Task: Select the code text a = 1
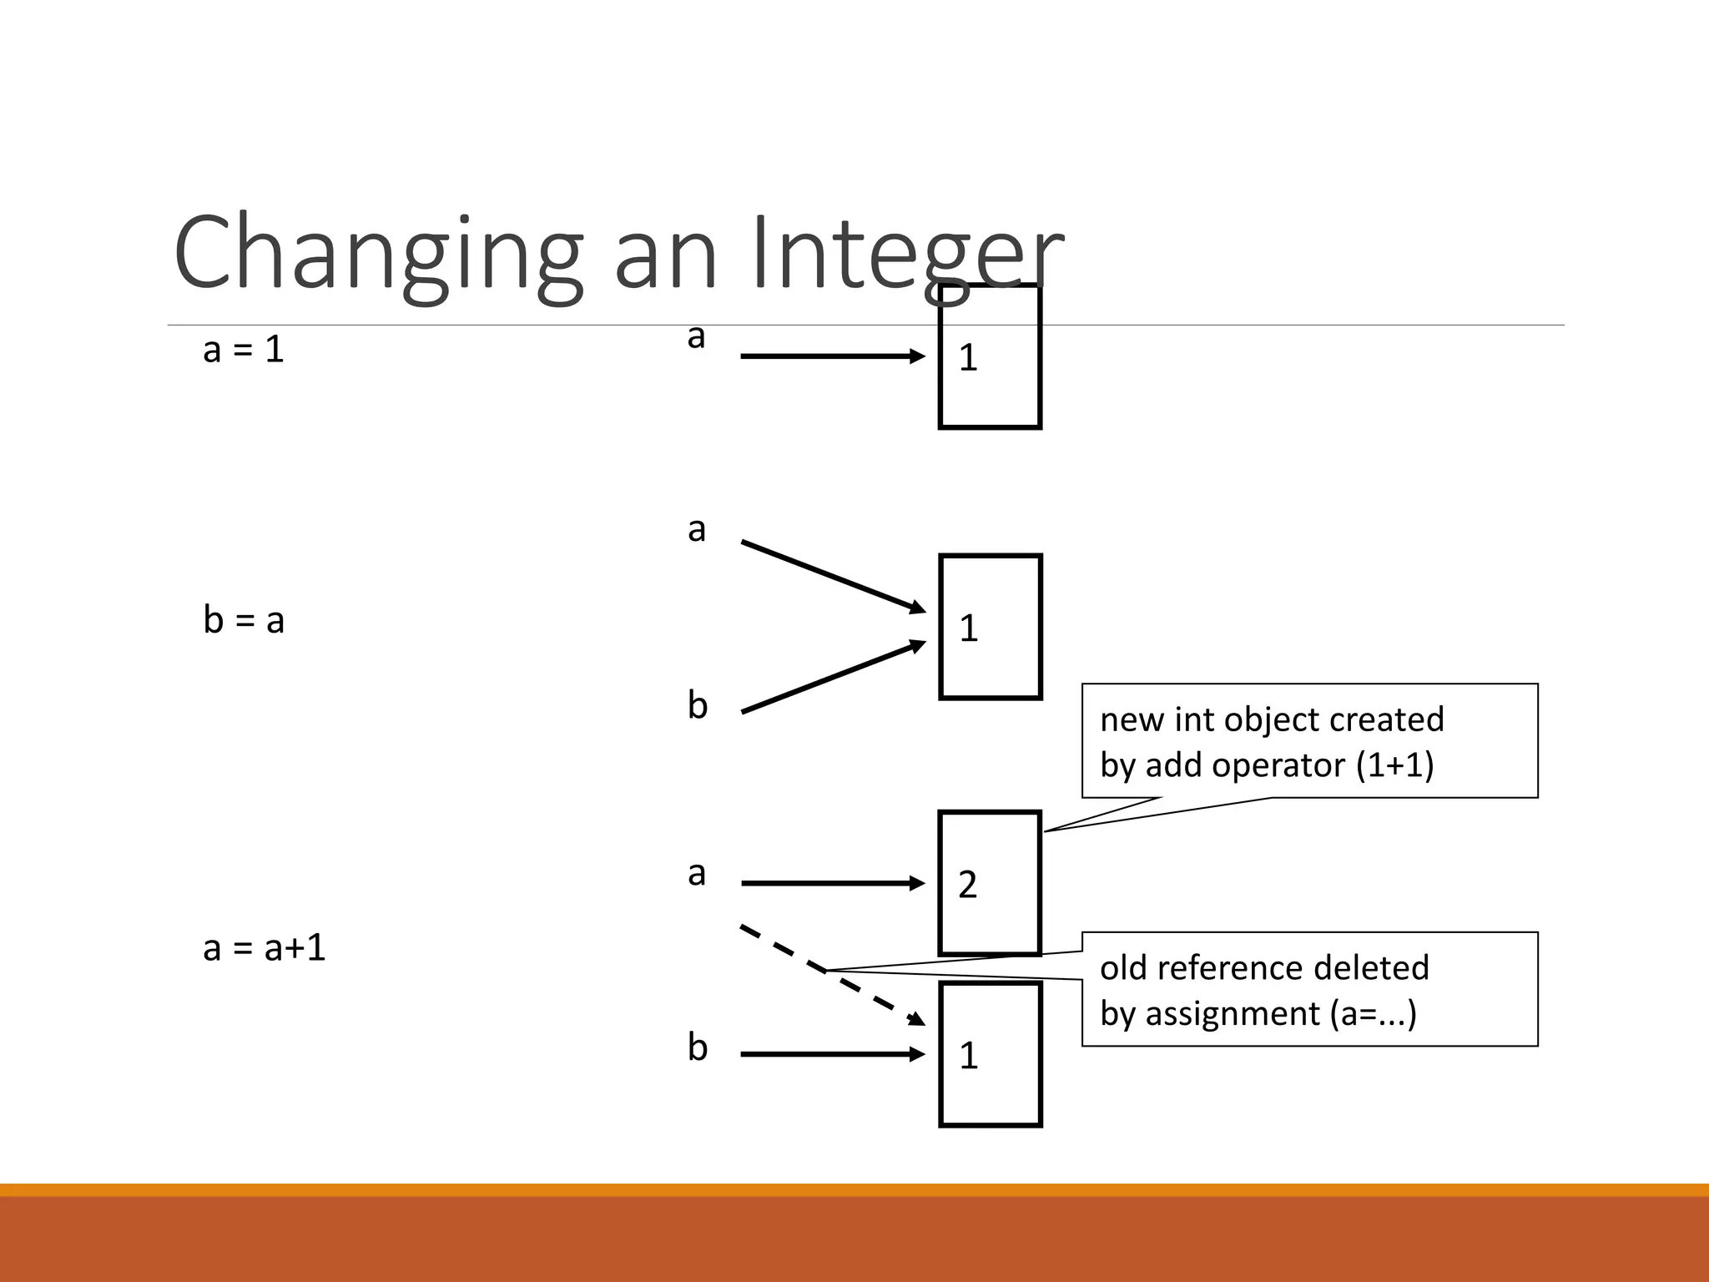pos(243,349)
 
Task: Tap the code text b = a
pos(243,620)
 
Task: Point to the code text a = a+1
pos(264,947)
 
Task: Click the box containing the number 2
pos(990,883)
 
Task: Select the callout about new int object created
pos(1308,741)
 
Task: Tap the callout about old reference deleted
pos(1308,989)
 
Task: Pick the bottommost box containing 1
pos(990,1054)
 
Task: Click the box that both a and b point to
pos(990,627)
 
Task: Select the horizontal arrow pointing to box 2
pos(832,883)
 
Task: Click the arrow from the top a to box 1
pos(832,356)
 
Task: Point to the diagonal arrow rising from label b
pos(832,677)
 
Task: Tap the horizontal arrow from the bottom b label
pos(832,1054)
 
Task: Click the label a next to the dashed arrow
pos(697,874)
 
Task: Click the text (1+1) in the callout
pos(1394,765)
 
